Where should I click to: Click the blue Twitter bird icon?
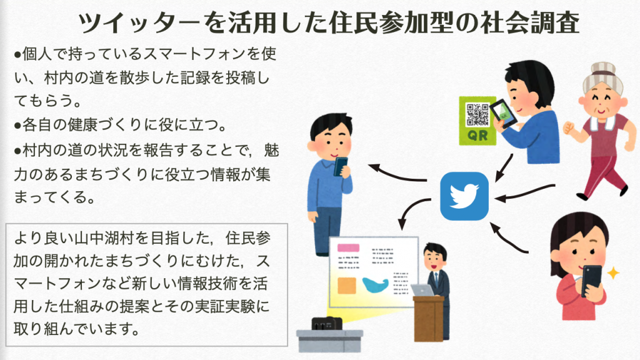[x=464, y=196]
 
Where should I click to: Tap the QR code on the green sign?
[x=477, y=115]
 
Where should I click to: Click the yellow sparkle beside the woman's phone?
[x=612, y=272]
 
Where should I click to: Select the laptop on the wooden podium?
[x=422, y=290]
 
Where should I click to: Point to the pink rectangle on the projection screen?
[x=348, y=247]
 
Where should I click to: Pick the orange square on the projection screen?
[x=346, y=285]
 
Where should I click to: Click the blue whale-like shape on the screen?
[x=375, y=284]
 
